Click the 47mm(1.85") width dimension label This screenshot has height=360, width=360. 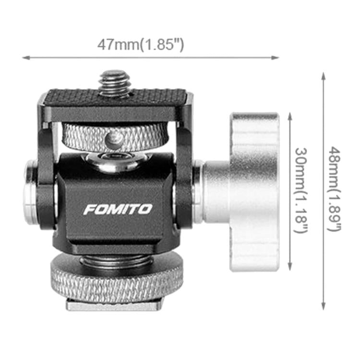[141, 45]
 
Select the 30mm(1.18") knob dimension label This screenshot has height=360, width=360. [301, 190]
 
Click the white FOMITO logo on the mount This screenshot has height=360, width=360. [118, 209]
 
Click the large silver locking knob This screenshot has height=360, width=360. [255, 192]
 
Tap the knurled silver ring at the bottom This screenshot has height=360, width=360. [117, 279]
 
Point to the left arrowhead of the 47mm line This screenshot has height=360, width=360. [26, 58]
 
